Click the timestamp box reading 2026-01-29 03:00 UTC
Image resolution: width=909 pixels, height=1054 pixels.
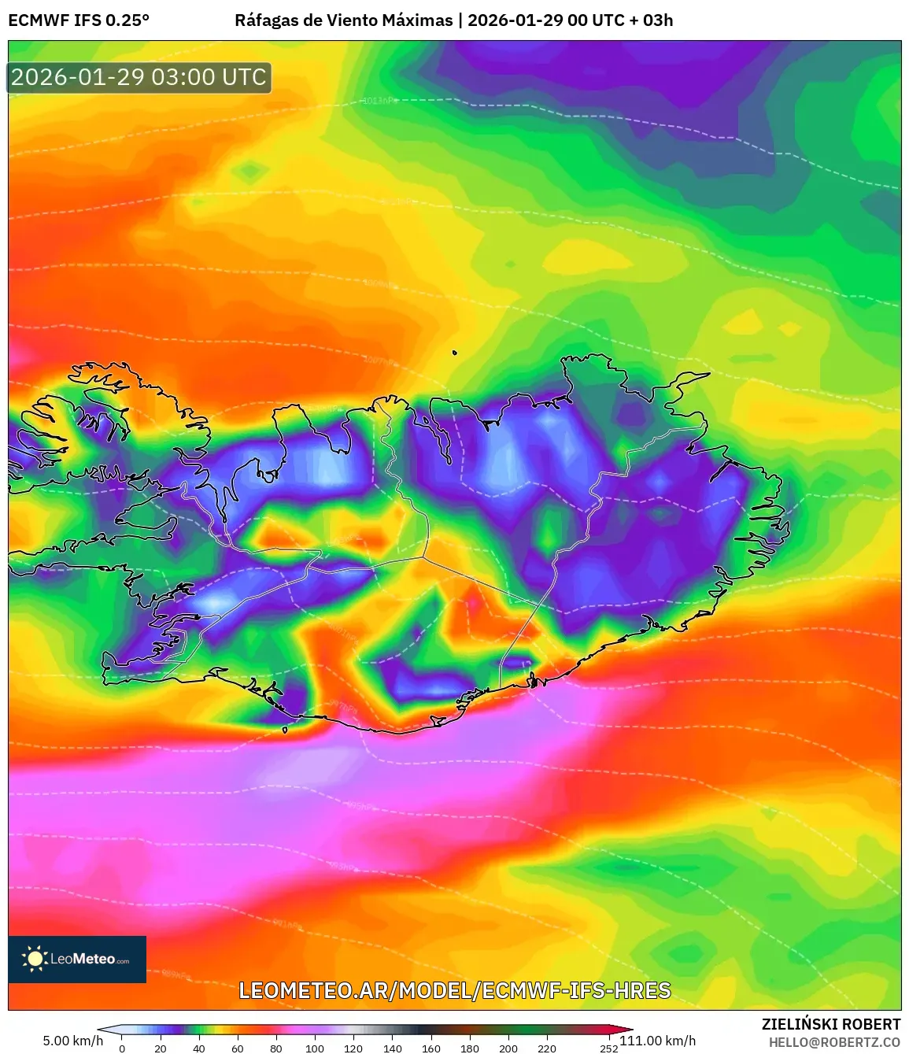pyautogui.click(x=139, y=77)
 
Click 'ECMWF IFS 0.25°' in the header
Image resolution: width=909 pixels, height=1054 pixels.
pyautogui.click(x=79, y=20)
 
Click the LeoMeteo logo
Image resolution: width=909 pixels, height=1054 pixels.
pyautogui.click(x=77, y=959)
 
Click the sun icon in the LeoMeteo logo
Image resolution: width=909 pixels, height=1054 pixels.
pyautogui.click(x=35, y=959)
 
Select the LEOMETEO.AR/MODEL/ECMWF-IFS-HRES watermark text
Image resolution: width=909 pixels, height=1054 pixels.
pyautogui.click(x=454, y=990)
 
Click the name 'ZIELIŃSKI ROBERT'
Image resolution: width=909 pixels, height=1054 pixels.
pyautogui.click(x=831, y=1024)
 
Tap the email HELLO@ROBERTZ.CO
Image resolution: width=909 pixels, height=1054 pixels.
pyautogui.click(x=834, y=1042)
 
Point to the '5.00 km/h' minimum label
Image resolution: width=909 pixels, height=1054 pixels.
pyautogui.click(x=72, y=1041)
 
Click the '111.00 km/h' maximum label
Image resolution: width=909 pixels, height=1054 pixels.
pyautogui.click(x=658, y=1041)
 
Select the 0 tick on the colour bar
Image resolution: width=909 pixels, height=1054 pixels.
pyautogui.click(x=122, y=1048)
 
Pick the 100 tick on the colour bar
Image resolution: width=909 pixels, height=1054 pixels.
pyautogui.click(x=315, y=1048)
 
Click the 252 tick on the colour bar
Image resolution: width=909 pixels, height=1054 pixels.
pyautogui.click(x=609, y=1048)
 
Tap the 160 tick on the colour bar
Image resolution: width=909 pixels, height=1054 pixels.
pyautogui.click(x=431, y=1048)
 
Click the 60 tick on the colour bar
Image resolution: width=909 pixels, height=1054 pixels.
pyautogui.click(x=238, y=1048)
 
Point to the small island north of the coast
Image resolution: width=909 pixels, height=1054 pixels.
pyautogui.click(x=455, y=353)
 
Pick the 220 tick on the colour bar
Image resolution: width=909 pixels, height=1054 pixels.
pyautogui.click(x=547, y=1048)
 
